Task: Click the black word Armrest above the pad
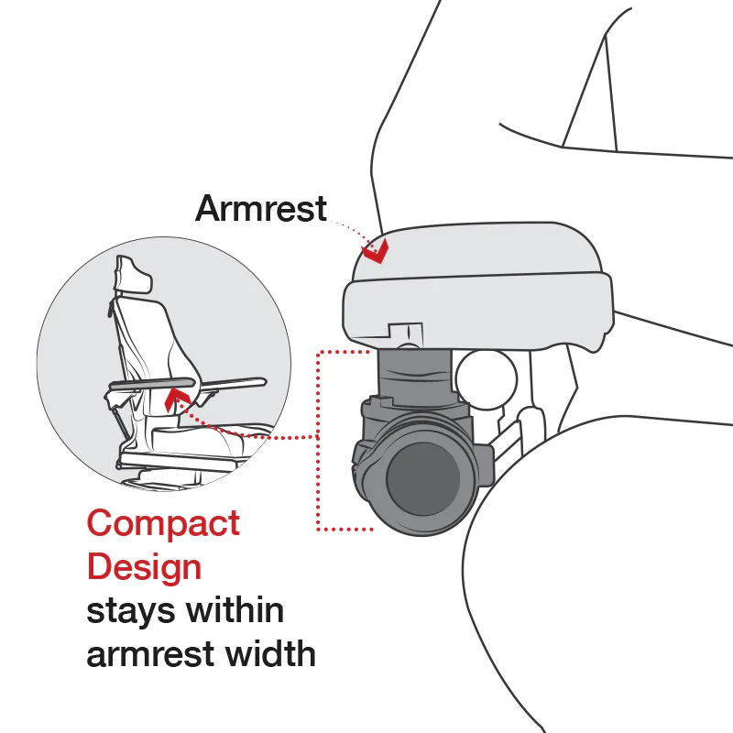click(x=260, y=210)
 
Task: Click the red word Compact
click(x=163, y=523)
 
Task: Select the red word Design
click(x=144, y=566)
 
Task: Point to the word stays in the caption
click(x=129, y=611)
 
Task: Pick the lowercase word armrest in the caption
click(x=146, y=654)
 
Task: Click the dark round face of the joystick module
click(x=422, y=478)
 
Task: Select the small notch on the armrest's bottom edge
click(x=405, y=330)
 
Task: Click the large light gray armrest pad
click(x=476, y=284)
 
